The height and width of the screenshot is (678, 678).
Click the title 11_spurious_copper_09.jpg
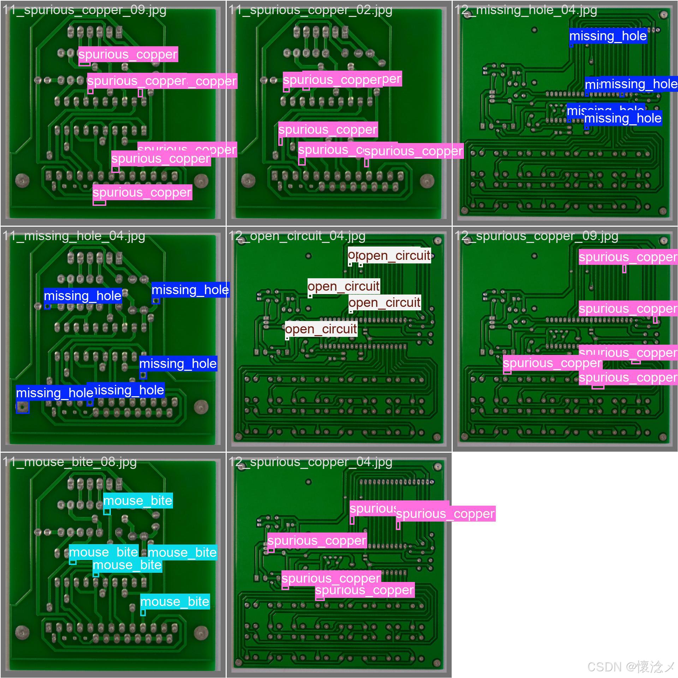point(84,10)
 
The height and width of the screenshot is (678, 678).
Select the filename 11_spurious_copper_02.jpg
point(310,10)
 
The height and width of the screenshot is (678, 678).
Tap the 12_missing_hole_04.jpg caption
point(526,10)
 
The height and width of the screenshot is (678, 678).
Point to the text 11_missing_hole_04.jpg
point(74,236)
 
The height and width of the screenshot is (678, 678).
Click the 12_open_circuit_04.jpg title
point(297,236)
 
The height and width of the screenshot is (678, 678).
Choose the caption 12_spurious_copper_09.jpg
point(536,236)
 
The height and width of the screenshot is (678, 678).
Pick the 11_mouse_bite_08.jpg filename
point(70,462)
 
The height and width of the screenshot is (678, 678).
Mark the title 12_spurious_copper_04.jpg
point(310,462)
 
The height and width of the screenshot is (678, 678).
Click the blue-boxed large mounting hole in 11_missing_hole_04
point(23,407)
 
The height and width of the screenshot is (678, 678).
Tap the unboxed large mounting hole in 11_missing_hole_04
point(201,406)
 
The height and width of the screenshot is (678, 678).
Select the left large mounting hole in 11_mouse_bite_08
point(23,632)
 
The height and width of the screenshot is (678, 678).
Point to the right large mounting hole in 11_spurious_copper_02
point(427,180)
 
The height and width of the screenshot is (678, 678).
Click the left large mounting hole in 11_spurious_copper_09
point(23,180)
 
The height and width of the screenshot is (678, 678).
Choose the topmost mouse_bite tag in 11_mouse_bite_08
point(138,500)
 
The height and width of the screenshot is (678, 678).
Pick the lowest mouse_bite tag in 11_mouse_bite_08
point(175,601)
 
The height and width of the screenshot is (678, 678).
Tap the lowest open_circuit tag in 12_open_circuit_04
point(321,329)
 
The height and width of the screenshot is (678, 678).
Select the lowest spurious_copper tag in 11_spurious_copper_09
point(142,192)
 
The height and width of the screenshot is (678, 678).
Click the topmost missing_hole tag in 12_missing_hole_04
point(608,36)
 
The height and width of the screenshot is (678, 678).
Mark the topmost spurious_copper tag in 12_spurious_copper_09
point(628,257)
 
